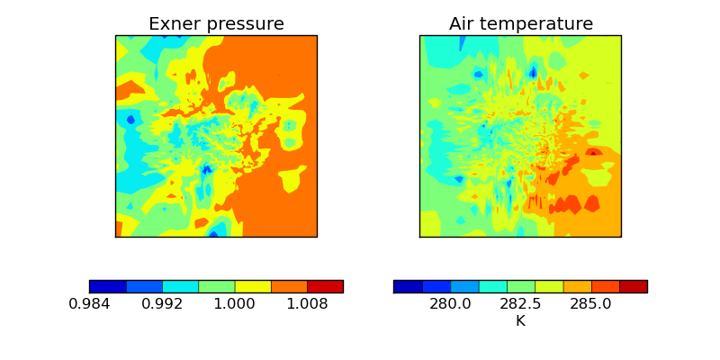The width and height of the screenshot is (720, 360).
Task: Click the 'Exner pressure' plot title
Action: click(216, 24)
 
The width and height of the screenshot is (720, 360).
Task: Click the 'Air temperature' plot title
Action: click(520, 24)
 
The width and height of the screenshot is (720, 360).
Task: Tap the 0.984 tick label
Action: click(89, 304)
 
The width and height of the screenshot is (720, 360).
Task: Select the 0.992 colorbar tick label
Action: click(162, 304)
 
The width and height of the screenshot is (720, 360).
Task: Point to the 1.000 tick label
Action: click(234, 304)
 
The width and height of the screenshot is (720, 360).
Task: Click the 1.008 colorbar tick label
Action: click(307, 304)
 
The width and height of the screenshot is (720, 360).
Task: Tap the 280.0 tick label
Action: click(450, 304)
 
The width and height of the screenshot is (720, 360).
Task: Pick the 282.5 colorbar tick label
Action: click(520, 304)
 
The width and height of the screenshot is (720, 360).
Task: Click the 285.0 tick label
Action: click(590, 304)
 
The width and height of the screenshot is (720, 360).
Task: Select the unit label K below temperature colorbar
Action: click(520, 320)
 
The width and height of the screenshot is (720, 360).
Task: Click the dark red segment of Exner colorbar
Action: click(325, 286)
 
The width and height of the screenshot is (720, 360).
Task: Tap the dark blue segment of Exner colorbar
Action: click(107, 286)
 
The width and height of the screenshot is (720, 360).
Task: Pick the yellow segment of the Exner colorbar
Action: click(253, 286)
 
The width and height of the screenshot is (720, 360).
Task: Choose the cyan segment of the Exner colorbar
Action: click(180, 286)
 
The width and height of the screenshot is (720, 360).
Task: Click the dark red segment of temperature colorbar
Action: click(633, 286)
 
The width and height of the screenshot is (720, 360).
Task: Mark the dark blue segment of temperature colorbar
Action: click(408, 286)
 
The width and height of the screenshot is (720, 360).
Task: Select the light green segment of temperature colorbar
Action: click(520, 286)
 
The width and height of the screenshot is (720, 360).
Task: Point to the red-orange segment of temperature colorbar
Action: click(605, 286)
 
